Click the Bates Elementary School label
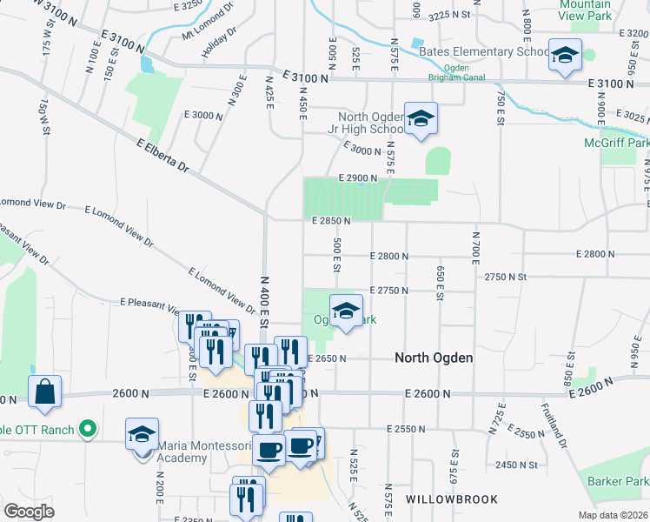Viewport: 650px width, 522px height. click(483, 51)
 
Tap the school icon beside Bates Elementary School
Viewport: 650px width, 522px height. click(564, 55)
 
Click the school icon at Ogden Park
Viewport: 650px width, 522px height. click(346, 311)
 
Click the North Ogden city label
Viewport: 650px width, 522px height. click(434, 358)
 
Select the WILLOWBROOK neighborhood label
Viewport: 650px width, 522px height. click(452, 499)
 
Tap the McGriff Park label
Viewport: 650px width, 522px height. click(618, 143)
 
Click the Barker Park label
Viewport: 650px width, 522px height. click(618, 481)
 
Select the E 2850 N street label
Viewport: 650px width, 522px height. click(331, 221)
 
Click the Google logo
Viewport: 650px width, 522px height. click(29, 512)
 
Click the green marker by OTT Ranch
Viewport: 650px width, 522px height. click(86, 428)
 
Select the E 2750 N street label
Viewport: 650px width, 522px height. click(388, 290)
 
